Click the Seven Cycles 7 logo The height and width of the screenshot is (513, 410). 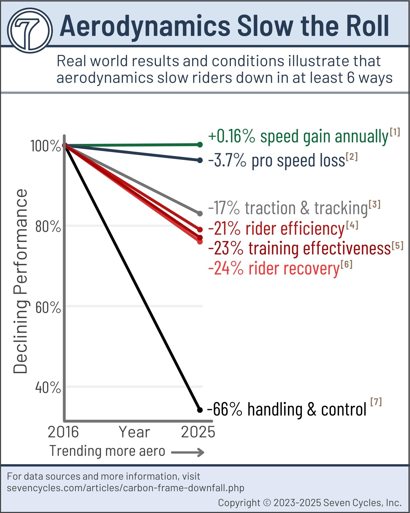pos(30,31)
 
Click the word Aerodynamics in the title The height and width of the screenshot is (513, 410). pos(145,26)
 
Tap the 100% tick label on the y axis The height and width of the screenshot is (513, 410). pos(46,146)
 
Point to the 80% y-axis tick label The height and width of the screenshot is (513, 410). pos(48,226)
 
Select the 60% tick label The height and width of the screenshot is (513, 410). pos(48,307)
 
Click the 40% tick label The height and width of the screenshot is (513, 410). pos(48,388)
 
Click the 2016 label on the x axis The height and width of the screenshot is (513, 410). pos(63,432)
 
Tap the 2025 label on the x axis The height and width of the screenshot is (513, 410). pos(198,432)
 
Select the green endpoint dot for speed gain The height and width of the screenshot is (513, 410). pos(200,145)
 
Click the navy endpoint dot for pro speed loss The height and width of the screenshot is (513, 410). pos(200,160)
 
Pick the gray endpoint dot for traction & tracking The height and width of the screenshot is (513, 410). pos(200,213)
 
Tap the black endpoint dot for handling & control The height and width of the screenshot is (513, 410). pos(200,410)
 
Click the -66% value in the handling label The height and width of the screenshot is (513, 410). pos(225,409)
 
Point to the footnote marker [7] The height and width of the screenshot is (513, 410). pos(376,402)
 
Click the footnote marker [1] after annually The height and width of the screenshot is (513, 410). pos(395,132)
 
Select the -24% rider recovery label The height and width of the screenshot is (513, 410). pos(279,268)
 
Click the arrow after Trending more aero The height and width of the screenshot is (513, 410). pos(188,452)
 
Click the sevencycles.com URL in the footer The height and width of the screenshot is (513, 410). pos(126,488)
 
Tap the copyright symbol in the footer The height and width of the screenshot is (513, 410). pos(267,502)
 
